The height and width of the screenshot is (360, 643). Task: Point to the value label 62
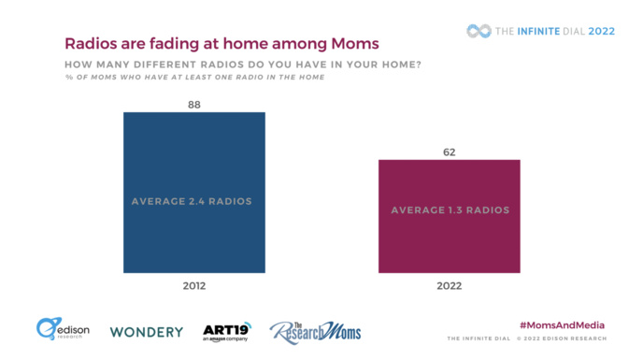[x=450, y=151]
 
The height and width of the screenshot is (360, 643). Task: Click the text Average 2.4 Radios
[x=194, y=200]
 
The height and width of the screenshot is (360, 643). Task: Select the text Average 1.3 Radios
[x=450, y=210]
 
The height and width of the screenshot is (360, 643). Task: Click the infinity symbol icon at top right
[x=479, y=31]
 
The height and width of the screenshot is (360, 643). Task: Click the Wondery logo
[x=146, y=331]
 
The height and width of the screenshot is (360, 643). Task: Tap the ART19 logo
[x=227, y=331]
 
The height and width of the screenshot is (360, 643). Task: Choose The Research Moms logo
[x=315, y=331]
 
